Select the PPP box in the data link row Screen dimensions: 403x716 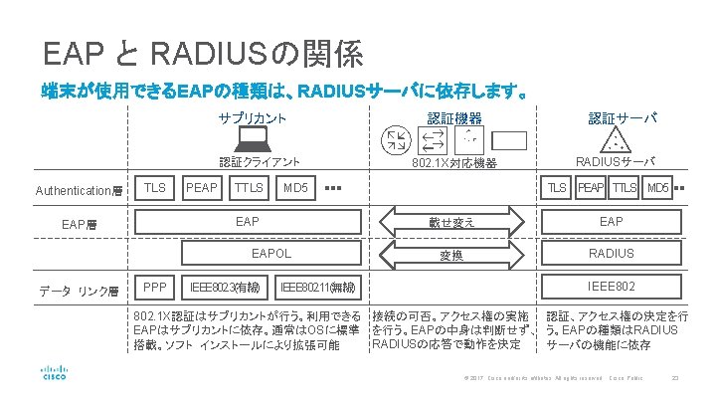pos(154,289)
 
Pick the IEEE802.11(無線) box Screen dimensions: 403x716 pos(320,289)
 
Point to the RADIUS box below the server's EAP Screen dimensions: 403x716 pos(611,254)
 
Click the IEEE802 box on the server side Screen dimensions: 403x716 pos(611,289)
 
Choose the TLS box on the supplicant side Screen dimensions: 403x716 pos(154,187)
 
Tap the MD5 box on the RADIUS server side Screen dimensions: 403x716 pos(657,187)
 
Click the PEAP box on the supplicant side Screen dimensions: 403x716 pos(202,187)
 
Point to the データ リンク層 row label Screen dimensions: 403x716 pos(79,291)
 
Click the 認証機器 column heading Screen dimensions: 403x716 pos(449,118)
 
